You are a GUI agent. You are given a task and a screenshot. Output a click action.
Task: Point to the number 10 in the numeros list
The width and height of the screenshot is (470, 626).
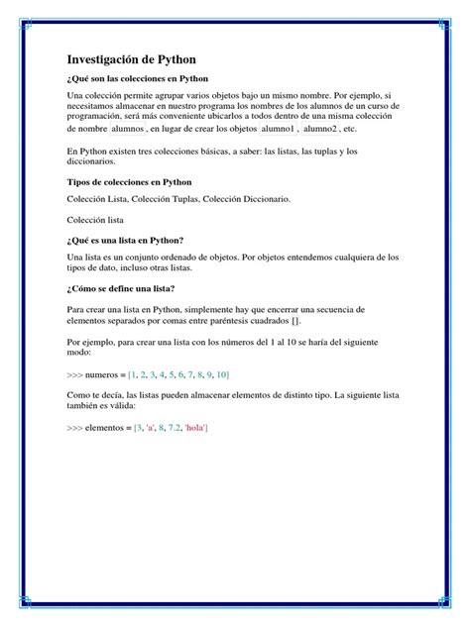pos(221,374)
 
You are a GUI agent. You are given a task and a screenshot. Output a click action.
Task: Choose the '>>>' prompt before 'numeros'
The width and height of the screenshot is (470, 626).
pos(76,374)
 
